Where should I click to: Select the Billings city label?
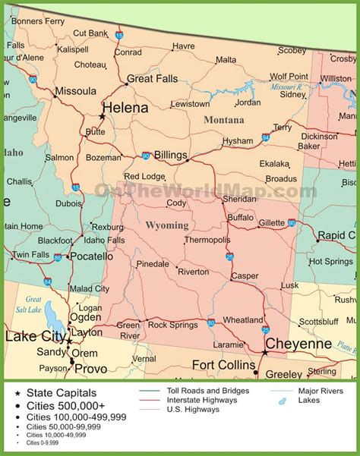(x=170, y=155)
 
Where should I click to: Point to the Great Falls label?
(x=151, y=78)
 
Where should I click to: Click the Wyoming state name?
(x=166, y=225)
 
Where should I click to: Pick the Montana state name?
(x=223, y=120)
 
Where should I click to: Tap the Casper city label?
(x=245, y=276)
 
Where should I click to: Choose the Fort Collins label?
(x=223, y=365)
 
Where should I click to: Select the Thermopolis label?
(x=207, y=240)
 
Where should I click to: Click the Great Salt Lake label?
(x=34, y=303)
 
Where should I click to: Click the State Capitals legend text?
(x=62, y=392)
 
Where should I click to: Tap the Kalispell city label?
(x=73, y=49)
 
